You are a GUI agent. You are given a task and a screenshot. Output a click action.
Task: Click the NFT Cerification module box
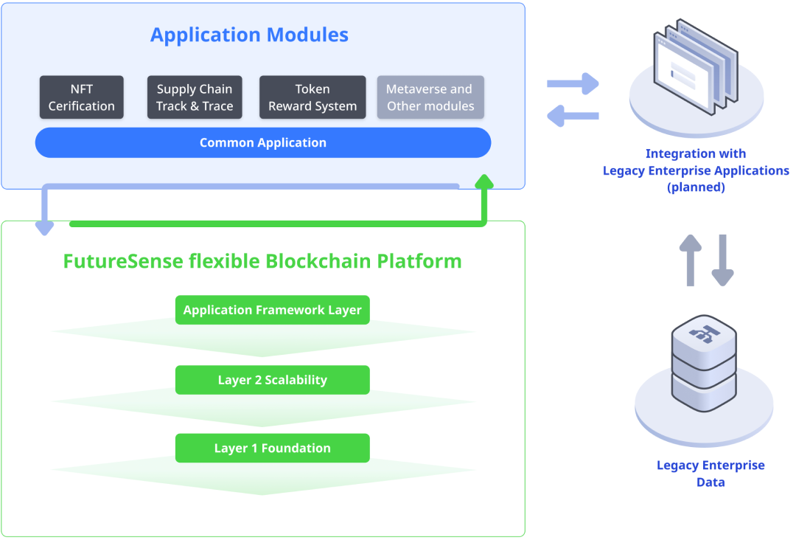tap(82, 97)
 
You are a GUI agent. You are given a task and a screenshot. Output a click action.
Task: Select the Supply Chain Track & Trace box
tap(195, 97)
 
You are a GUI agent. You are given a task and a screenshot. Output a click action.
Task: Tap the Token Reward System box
tap(313, 97)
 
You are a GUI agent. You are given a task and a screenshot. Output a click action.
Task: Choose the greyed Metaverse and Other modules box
tap(430, 97)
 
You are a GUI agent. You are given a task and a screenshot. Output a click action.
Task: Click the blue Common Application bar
tap(263, 143)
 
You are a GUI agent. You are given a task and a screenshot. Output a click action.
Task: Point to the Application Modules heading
tap(249, 35)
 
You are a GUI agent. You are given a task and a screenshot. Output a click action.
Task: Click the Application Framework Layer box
tap(273, 310)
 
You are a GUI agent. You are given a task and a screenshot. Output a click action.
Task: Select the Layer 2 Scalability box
tap(273, 380)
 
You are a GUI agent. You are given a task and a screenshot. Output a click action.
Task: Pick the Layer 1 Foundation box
tap(273, 448)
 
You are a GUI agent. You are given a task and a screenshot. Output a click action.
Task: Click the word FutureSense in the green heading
tap(123, 261)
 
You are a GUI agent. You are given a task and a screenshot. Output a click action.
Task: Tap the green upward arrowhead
tap(484, 182)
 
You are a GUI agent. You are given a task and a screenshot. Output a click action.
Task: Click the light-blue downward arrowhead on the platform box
tap(45, 228)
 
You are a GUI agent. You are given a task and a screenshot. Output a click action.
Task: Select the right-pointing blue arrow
tap(573, 84)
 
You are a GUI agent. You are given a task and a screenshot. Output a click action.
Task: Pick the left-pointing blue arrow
tap(573, 116)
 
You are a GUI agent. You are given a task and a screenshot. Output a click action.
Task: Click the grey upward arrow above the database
tap(691, 260)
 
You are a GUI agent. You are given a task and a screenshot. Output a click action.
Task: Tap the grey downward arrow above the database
tap(722, 260)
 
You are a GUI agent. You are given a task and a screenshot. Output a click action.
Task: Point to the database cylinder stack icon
tap(704, 363)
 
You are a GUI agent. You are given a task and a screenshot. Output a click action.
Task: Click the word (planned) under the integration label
tap(696, 187)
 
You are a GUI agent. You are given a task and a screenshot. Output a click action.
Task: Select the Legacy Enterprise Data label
tap(711, 474)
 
